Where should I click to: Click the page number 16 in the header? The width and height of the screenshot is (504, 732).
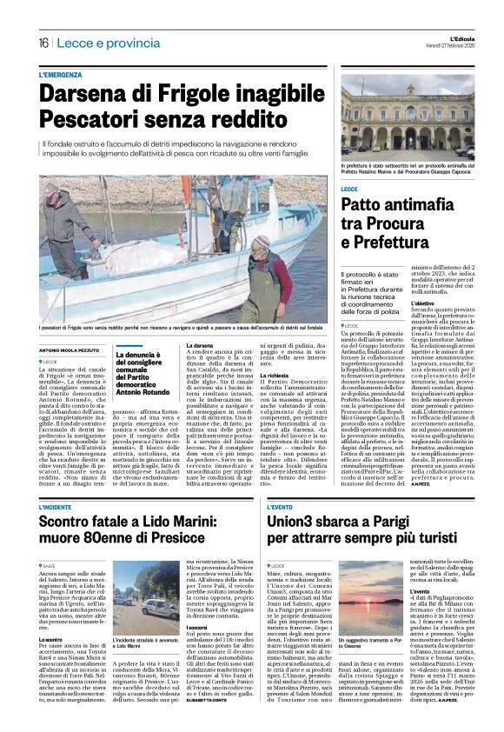(43, 43)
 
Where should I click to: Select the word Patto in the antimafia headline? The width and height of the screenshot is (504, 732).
(362, 204)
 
